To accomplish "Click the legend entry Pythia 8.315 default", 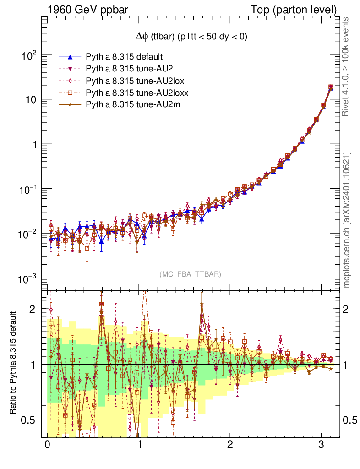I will pyautogui.click(x=124, y=57).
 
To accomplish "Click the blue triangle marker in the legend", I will pyautogui.click(x=70, y=57).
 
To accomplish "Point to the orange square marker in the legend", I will pyautogui.click(x=70, y=93).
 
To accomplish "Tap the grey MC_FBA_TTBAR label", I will pyautogui.click(x=191, y=274).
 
